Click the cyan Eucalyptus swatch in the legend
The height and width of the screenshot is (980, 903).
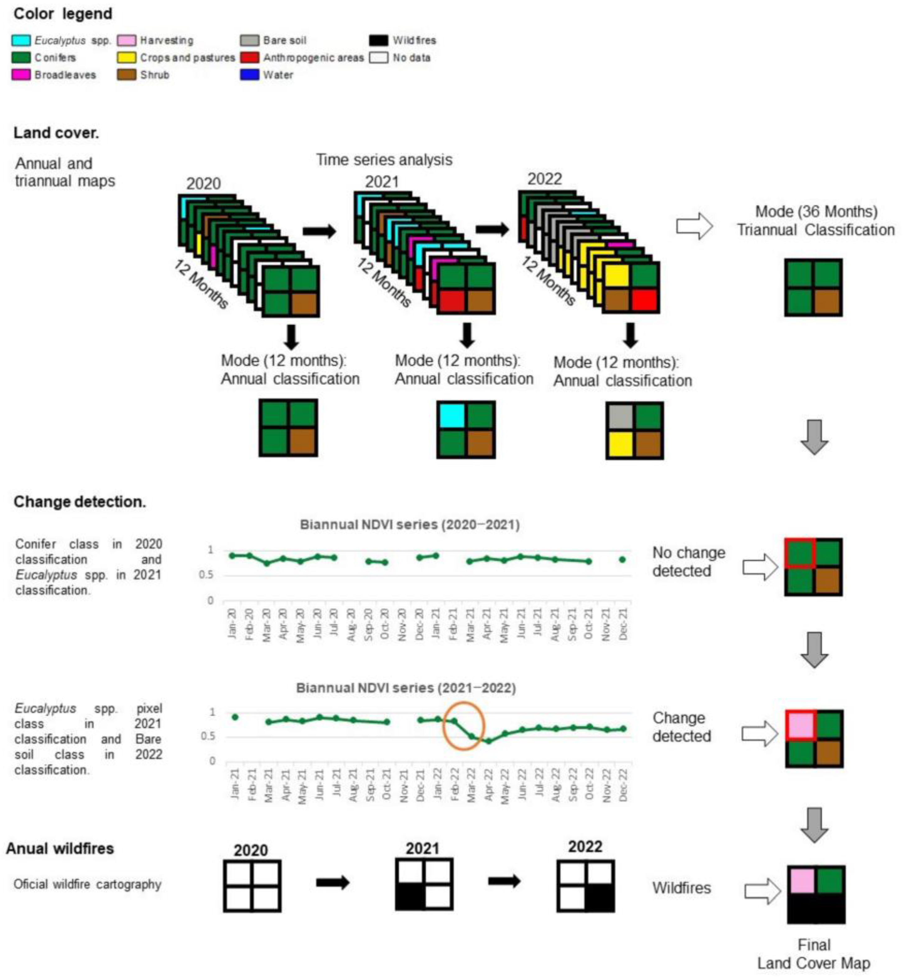(21, 40)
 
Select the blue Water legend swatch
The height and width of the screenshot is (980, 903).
(249, 75)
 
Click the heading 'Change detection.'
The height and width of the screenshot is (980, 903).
(80, 502)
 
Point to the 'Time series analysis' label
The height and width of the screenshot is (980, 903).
(384, 160)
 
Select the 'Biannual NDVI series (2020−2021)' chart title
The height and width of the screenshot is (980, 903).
(410, 525)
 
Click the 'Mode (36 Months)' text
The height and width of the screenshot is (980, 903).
(816, 212)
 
